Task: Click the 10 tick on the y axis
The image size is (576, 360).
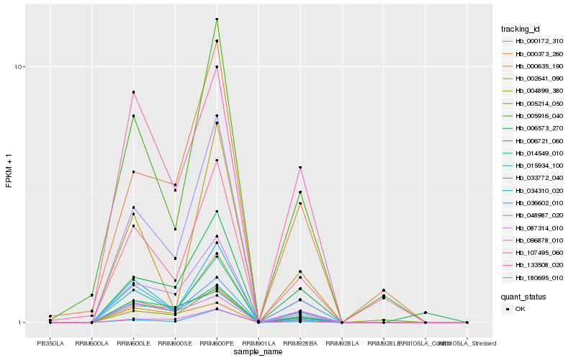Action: coord(21,67)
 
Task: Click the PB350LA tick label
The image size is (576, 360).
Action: coord(50,343)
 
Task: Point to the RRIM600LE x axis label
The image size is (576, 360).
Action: coord(134,343)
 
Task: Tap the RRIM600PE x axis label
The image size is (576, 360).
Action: coord(217,343)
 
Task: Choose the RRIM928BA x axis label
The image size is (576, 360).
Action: coord(300,343)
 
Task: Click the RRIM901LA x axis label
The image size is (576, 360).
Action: coord(258,343)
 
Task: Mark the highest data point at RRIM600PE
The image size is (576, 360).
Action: coord(217,19)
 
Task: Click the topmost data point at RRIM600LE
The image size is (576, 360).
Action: coord(134,92)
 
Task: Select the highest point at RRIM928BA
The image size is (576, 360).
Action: coord(300,168)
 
